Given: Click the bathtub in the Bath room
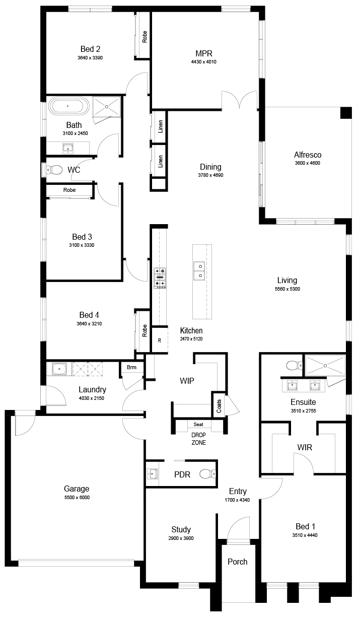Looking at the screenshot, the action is pos(69,106).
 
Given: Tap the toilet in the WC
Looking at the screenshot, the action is pos(54,170).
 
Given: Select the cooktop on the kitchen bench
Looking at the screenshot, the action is pos(160,278).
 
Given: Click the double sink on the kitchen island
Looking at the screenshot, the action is pos(199,270).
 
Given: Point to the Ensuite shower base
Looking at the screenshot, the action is pos(325,366).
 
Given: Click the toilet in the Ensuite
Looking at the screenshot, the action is pos(294,365).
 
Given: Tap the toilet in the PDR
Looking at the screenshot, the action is pos(208,474).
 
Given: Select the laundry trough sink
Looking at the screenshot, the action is pos(59,369).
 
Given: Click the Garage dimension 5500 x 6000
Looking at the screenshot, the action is pos(77,498).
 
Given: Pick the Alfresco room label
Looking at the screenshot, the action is pos(308,155).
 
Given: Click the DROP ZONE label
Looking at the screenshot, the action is pos(199,439).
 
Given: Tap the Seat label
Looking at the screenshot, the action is pos(198,424).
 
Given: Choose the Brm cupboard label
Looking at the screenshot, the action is pos(131,367).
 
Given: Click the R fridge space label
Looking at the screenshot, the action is pos(160,341).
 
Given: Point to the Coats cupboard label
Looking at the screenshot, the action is pos(219,406).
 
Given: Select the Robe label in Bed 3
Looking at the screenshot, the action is pos(69,190).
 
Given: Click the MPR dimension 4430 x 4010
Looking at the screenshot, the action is pos(203,62).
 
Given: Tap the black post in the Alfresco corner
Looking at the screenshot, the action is pos(346,113).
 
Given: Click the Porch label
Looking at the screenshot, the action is pos(238,562).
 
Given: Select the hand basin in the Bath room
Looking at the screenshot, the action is pos(68,148).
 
